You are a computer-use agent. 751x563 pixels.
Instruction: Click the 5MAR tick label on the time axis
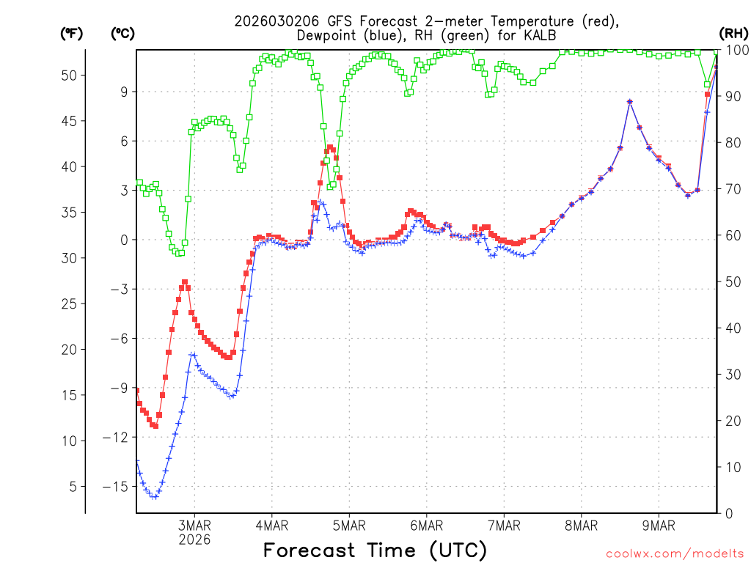coord(348,525)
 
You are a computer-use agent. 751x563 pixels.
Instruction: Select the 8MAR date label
coord(581,525)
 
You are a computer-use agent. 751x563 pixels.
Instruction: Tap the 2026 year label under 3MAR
coord(194,540)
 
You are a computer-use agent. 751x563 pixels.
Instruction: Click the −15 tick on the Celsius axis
coord(118,487)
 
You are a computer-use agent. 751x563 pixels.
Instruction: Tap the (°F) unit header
coord(72,33)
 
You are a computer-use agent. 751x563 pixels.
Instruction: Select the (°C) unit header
coord(123,33)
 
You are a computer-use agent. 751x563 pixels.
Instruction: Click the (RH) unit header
coord(733,33)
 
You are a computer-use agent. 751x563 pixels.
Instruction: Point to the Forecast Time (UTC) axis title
coord(375,550)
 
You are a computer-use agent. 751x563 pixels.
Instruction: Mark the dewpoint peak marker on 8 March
coord(630,102)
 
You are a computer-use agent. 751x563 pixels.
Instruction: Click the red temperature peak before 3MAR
coord(185,282)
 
